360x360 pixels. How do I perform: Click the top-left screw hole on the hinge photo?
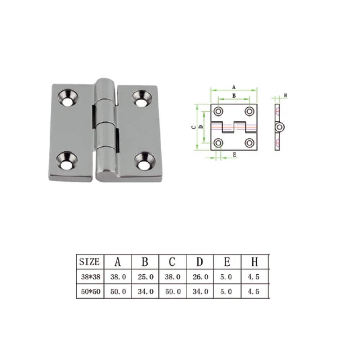click(x=67, y=99)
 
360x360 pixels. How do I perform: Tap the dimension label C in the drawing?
click(x=193, y=127)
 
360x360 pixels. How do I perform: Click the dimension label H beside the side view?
click(x=285, y=95)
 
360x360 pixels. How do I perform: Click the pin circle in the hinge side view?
click(x=279, y=127)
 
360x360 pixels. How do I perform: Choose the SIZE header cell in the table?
click(x=90, y=262)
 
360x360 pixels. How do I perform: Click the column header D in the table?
click(x=199, y=262)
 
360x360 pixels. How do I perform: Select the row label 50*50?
click(x=90, y=291)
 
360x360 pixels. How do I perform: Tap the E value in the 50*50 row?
click(x=227, y=291)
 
